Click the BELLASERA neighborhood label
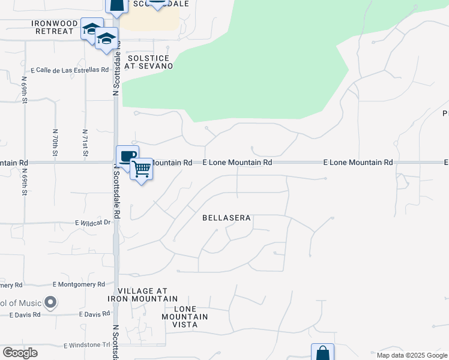pos(226,218)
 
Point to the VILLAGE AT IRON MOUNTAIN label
pos(143,294)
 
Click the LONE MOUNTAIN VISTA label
pos(185,320)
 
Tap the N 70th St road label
pos(55,143)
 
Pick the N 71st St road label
pos(85,143)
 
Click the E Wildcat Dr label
pos(93,223)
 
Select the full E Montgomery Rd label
pos(79,284)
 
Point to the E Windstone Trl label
pos(87,346)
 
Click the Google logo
pos(20,352)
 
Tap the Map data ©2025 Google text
pos(411,355)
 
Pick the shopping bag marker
pos(322,352)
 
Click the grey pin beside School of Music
pos(51,302)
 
